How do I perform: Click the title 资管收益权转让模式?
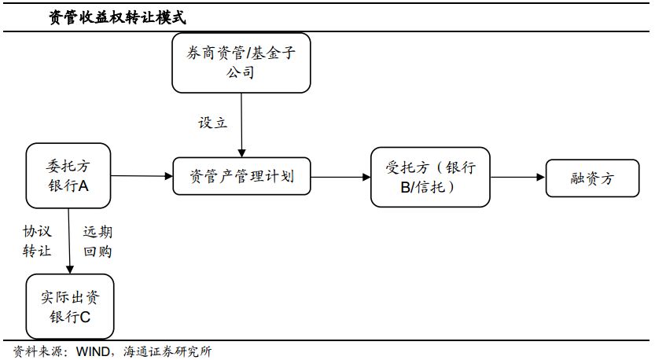point(117,17)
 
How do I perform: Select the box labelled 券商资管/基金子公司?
point(241,63)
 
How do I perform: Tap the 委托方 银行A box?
point(68,176)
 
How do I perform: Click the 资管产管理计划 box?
point(241,176)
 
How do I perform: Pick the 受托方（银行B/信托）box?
point(430,177)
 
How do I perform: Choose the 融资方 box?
point(592,178)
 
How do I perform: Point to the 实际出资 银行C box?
point(70,306)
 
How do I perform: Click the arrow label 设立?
point(212,123)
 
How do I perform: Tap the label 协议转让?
point(37,241)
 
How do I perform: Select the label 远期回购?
point(98,241)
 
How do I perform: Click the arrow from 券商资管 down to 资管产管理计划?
point(241,125)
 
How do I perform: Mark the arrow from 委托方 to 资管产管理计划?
point(142,176)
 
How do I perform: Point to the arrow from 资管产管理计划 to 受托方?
point(341,177)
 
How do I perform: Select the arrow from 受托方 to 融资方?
point(518,177)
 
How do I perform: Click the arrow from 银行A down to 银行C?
point(69,241)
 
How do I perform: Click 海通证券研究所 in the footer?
point(167,351)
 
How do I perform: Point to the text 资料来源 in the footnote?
point(38,351)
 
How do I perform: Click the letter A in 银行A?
point(83,186)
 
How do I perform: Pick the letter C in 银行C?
point(85,317)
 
